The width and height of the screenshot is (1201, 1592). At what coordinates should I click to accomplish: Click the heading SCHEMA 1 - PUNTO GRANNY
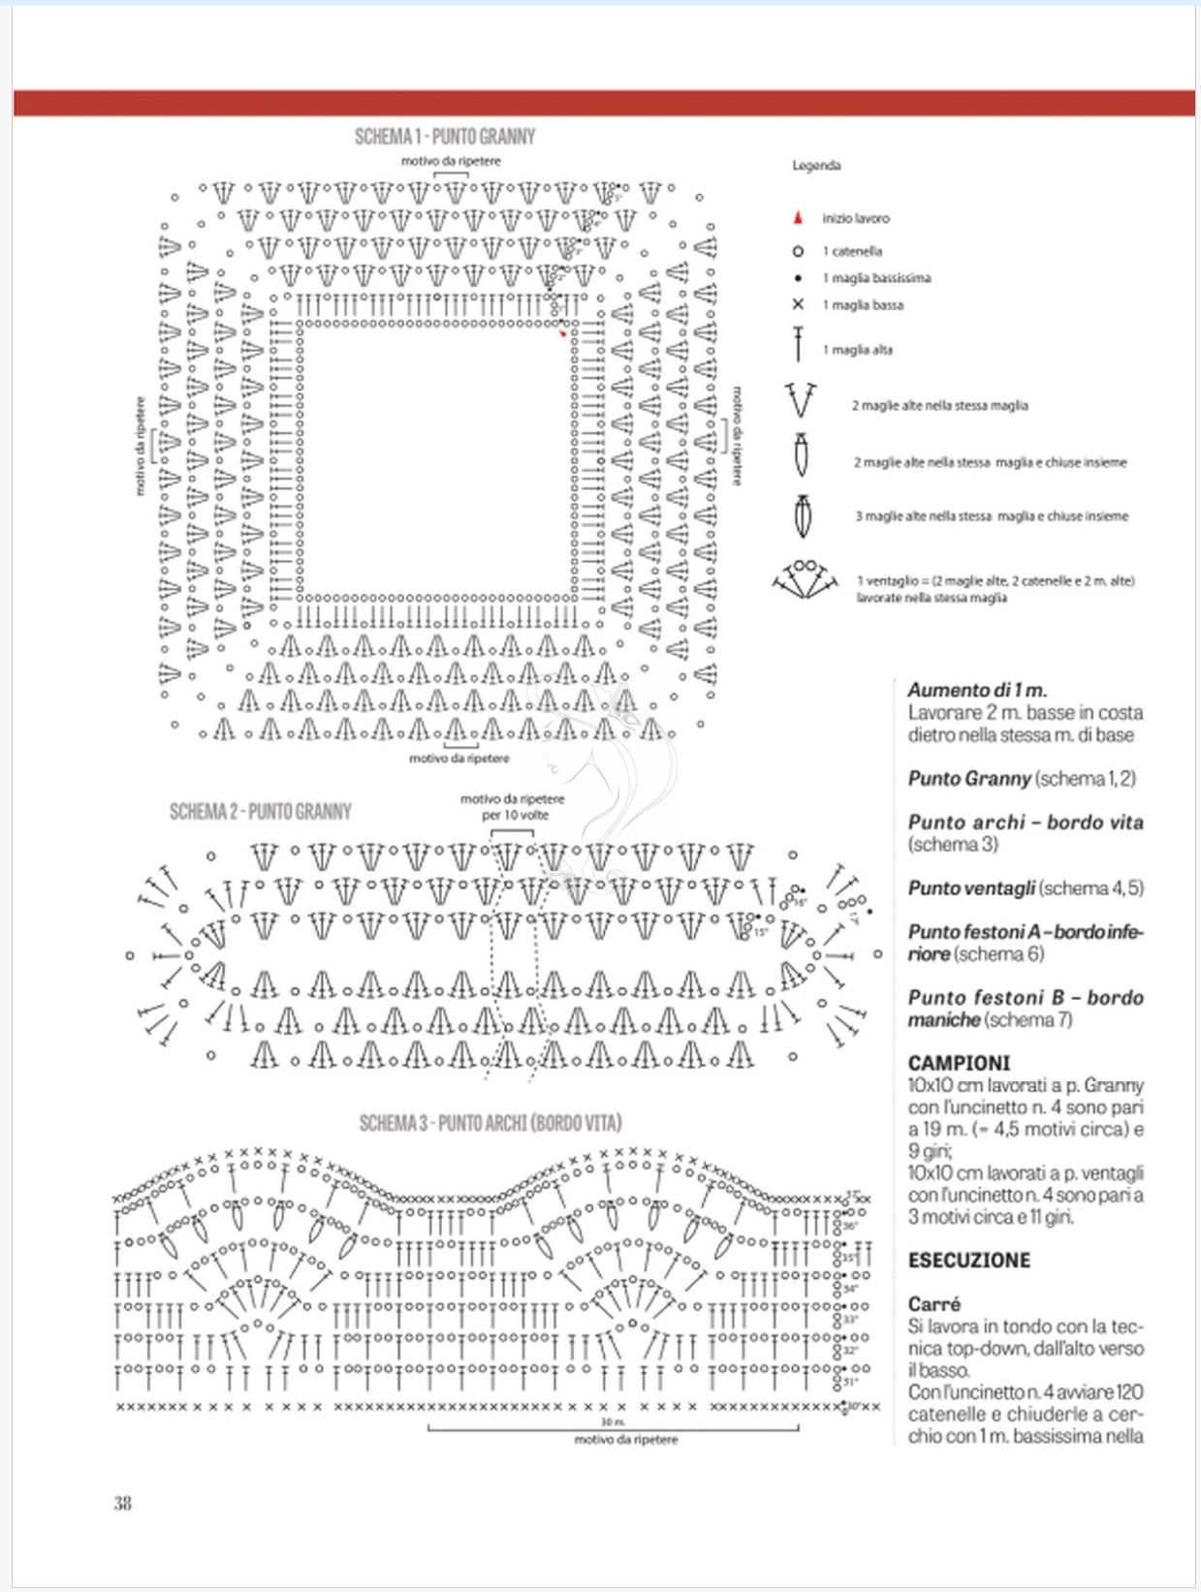[445, 136]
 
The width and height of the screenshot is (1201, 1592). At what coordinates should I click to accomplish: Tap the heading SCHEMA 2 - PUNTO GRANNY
[260, 811]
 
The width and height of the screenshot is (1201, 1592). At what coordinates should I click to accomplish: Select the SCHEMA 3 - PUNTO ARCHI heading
[490, 1123]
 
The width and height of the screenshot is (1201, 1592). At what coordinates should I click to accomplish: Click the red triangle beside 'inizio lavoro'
[798, 218]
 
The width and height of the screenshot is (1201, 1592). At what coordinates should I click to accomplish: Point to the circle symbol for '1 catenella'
[798, 251]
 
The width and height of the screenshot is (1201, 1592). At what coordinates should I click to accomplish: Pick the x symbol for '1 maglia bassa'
[798, 304]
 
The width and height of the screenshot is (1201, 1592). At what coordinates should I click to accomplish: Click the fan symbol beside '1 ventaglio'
[805, 579]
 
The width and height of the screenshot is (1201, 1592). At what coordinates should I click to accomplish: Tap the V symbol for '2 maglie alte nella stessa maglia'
[801, 401]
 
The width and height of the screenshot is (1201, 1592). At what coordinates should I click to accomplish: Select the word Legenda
[816, 166]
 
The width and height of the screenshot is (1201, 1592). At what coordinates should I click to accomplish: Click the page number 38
[122, 1503]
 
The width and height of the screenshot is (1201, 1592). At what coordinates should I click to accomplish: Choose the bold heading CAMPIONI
[959, 1063]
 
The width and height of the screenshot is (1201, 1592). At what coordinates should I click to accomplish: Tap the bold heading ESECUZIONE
[969, 1261]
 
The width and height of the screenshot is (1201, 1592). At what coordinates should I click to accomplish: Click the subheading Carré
[934, 1304]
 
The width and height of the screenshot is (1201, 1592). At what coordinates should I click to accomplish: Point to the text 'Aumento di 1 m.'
[977, 690]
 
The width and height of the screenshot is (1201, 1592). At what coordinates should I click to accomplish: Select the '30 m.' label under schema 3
[613, 1421]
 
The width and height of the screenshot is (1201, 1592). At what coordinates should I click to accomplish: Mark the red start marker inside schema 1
[562, 334]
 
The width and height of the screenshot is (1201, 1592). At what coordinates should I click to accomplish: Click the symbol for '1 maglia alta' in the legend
[798, 345]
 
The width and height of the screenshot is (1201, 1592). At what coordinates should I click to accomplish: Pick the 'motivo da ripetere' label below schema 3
[626, 1440]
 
